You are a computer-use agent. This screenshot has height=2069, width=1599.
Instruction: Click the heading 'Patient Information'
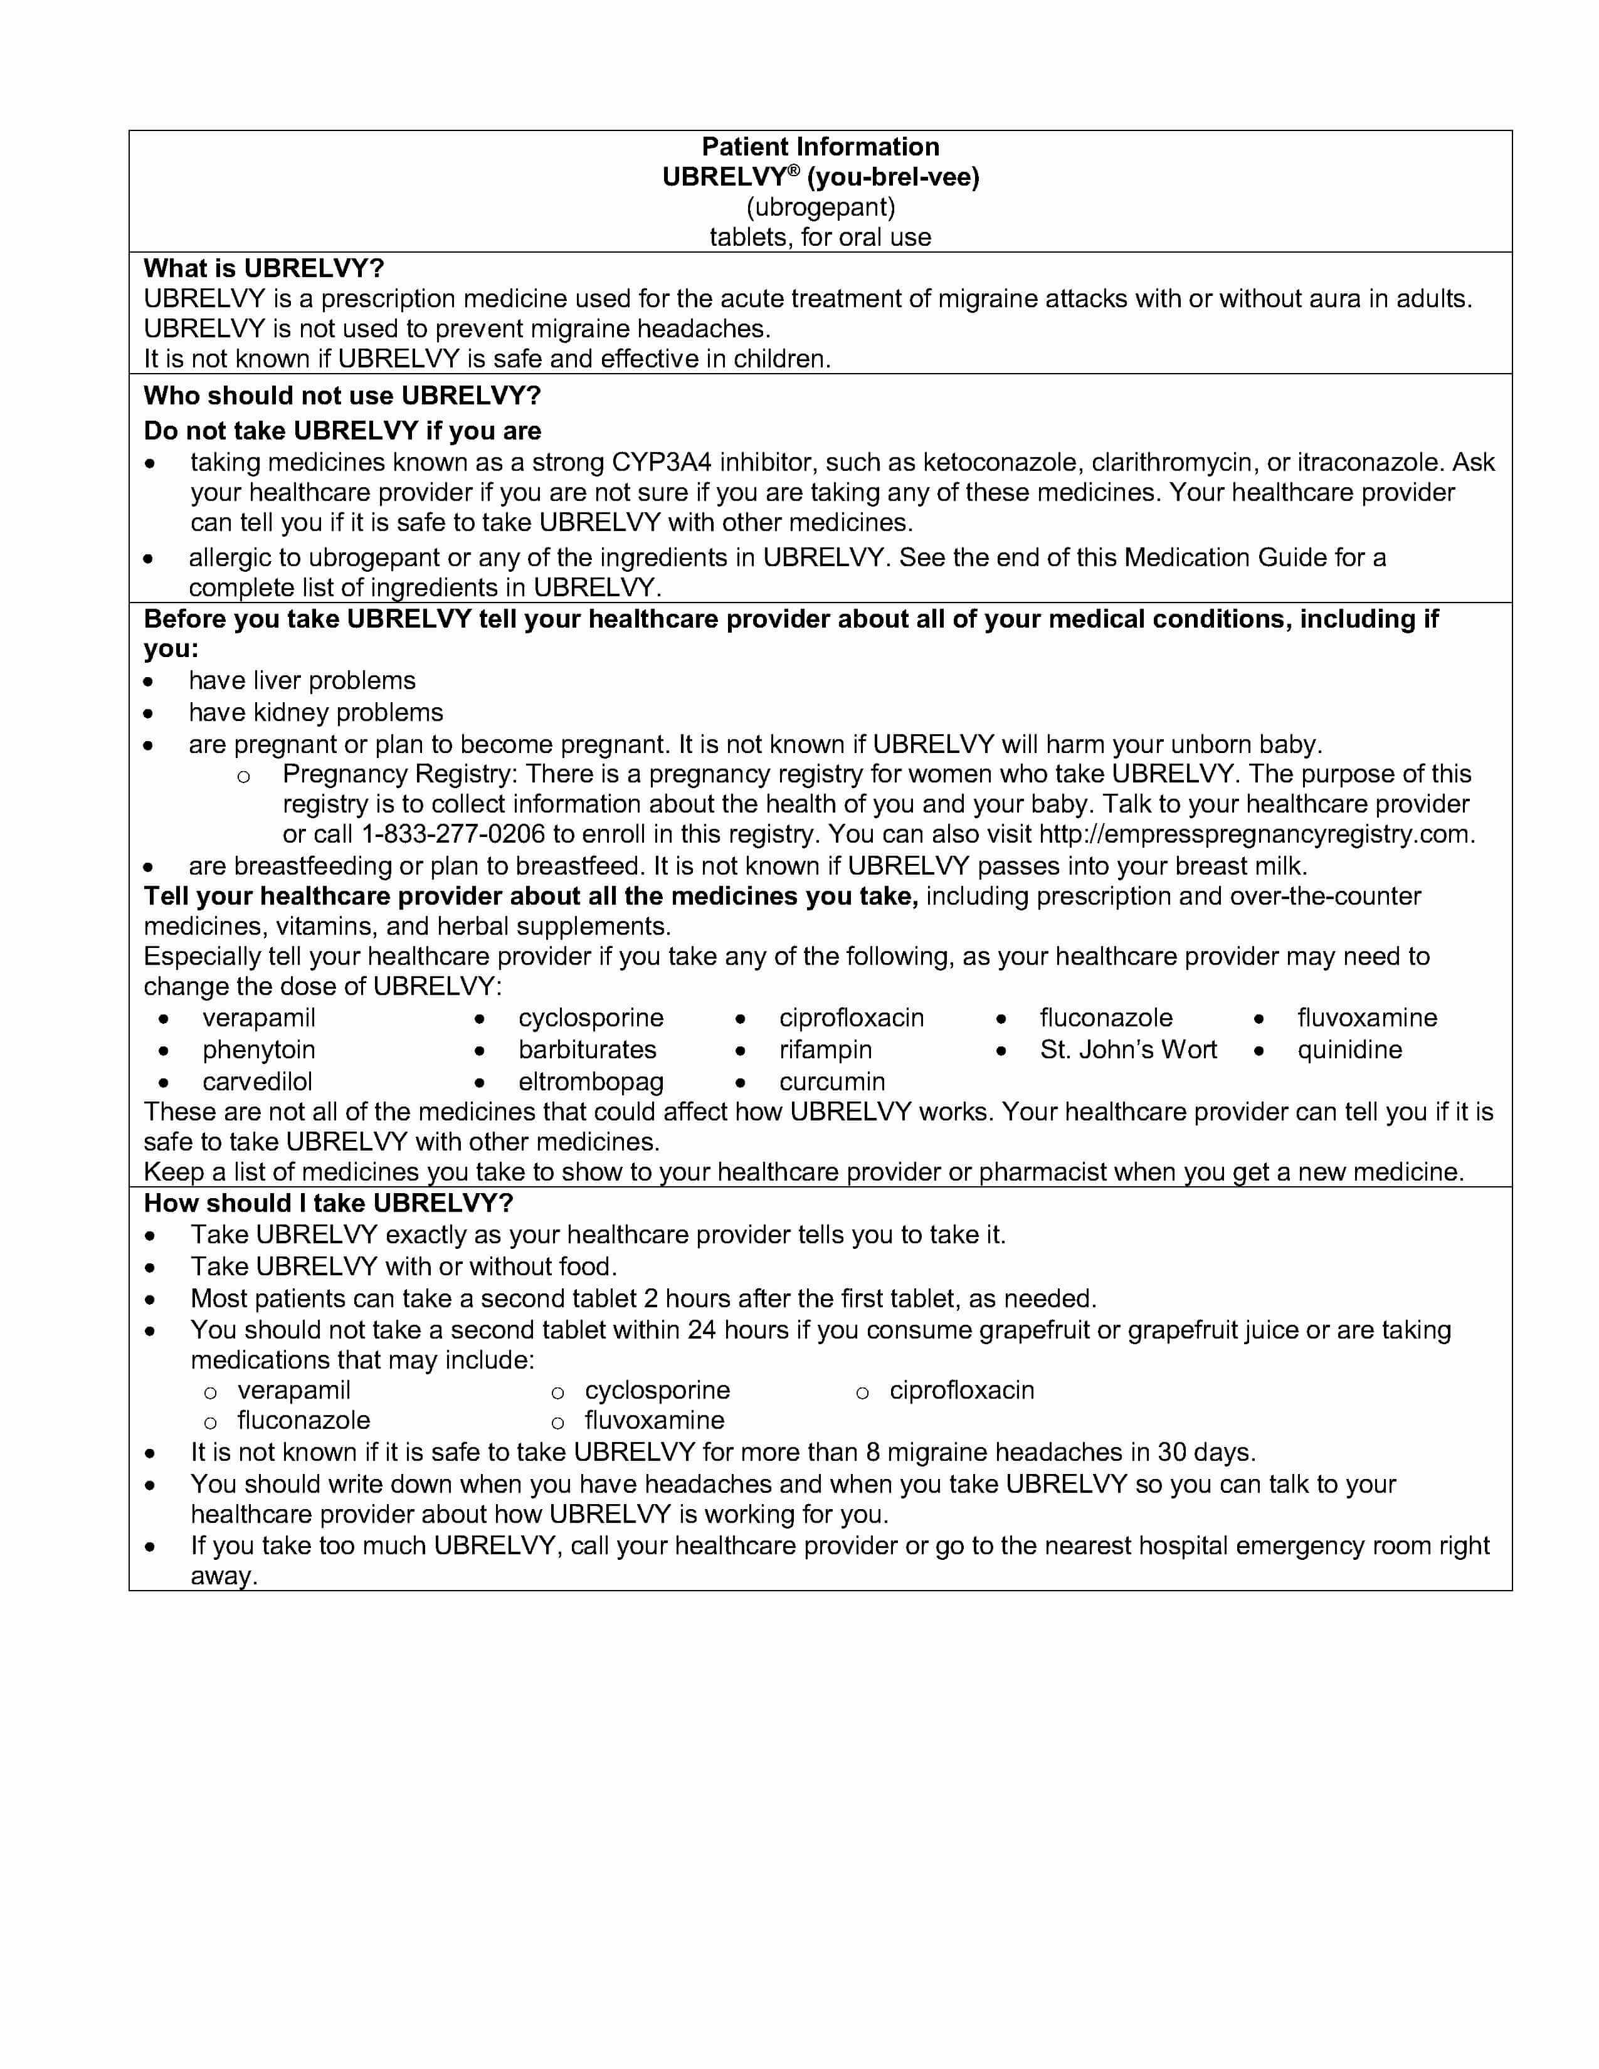[820, 147]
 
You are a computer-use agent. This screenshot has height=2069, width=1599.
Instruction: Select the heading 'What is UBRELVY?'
[263, 268]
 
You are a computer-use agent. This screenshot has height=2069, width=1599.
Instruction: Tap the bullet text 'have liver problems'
[301, 680]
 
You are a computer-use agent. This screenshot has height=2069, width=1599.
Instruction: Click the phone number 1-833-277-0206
[453, 834]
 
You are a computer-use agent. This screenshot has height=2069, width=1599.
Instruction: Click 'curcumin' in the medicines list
[831, 1082]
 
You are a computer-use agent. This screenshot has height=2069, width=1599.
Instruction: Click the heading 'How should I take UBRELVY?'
[328, 1203]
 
